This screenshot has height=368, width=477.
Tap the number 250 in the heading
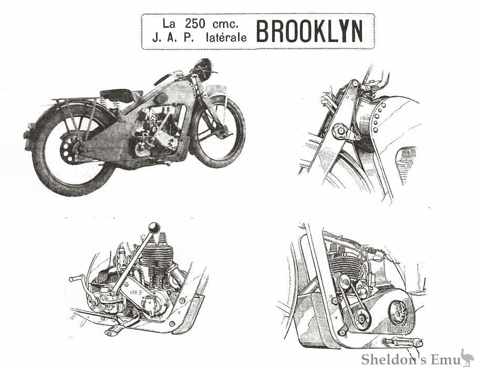pyautogui.click(x=195, y=24)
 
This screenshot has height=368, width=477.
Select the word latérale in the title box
pyautogui.click(x=226, y=38)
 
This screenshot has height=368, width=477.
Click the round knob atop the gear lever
pyautogui.click(x=154, y=228)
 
